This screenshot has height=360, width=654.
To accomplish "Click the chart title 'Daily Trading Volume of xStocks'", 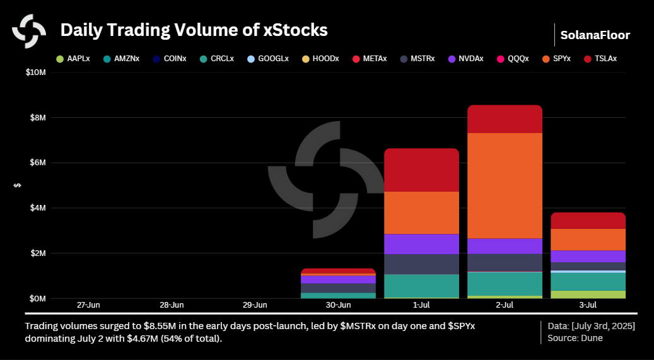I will click(x=194, y=30).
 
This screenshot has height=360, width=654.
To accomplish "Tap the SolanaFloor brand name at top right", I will click(x=595, y=35).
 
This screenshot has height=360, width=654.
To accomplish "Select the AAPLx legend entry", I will click(x=73, y=59).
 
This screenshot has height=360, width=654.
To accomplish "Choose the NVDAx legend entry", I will click(x=465, y=59).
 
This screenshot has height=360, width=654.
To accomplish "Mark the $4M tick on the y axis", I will click(x=37, y=208).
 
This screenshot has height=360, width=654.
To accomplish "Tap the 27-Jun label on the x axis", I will click(x=88, y=305).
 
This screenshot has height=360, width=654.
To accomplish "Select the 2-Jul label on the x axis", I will click(x=505, y=305).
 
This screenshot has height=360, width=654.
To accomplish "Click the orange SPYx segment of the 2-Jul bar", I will click(x=505, y=185).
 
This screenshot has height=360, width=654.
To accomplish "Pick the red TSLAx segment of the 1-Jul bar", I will click(x=421, y=170).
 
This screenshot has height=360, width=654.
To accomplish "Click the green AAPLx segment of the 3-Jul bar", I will click(x=588, y=294).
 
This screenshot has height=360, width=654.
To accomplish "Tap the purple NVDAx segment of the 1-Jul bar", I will click(x=421, y=244).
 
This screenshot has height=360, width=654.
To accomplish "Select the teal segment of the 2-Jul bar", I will click(x=505, y=284).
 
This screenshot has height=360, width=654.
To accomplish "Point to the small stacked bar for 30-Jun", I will click(x=338, y=283).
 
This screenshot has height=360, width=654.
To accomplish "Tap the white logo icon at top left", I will click(x=29, y=30).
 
